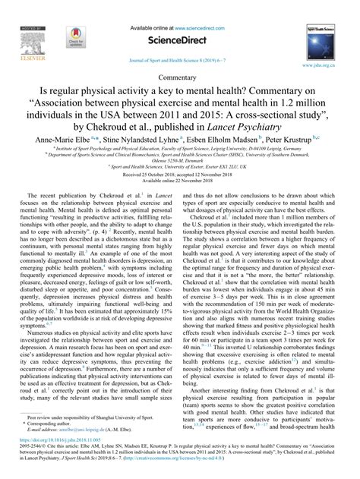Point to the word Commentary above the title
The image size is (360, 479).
180,77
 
